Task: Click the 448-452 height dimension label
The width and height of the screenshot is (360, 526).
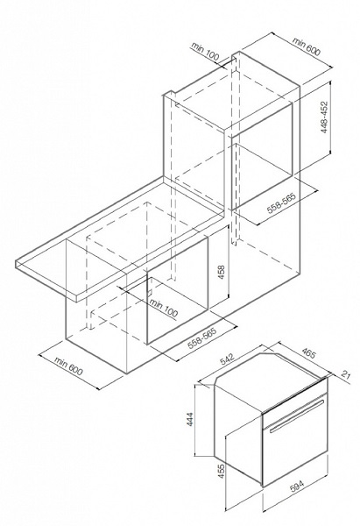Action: pos(324,117)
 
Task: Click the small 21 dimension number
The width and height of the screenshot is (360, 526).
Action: pos(345,374)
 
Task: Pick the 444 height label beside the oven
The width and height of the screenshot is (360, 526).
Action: pos(189,419)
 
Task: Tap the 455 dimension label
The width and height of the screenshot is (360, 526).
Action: pos(222,471)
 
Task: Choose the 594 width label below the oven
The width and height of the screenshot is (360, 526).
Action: pos(297,487)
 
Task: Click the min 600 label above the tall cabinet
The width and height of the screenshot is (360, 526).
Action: pos(307,46)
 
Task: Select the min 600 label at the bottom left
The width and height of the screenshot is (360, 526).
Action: pos(68,366)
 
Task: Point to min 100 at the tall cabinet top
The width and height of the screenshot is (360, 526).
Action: pos(205,52)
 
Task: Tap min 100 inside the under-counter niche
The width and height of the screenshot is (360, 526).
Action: pos(164,308)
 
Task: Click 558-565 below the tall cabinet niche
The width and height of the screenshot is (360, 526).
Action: pos(281,203)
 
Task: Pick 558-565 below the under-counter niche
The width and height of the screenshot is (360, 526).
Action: pos(202,337)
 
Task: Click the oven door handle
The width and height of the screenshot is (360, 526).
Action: pos(297,415)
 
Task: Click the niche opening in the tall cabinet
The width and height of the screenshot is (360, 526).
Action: pos(261,156)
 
